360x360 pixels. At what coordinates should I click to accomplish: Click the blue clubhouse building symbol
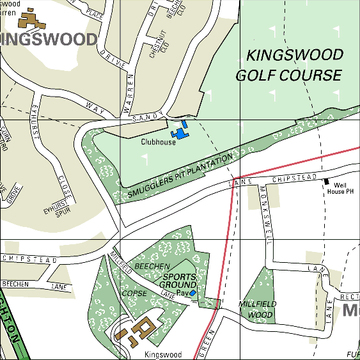(x=182, y=132)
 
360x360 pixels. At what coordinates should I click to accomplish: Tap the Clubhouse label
(x=158, y=143)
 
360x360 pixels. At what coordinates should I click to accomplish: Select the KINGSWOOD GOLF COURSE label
(x=289, y=65)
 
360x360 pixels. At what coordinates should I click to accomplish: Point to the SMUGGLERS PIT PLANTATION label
(x=181, y=175)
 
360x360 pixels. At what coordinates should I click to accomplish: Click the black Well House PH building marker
(x=326, y=182)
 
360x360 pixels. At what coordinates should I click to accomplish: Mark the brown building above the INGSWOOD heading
(x=31, y=19)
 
